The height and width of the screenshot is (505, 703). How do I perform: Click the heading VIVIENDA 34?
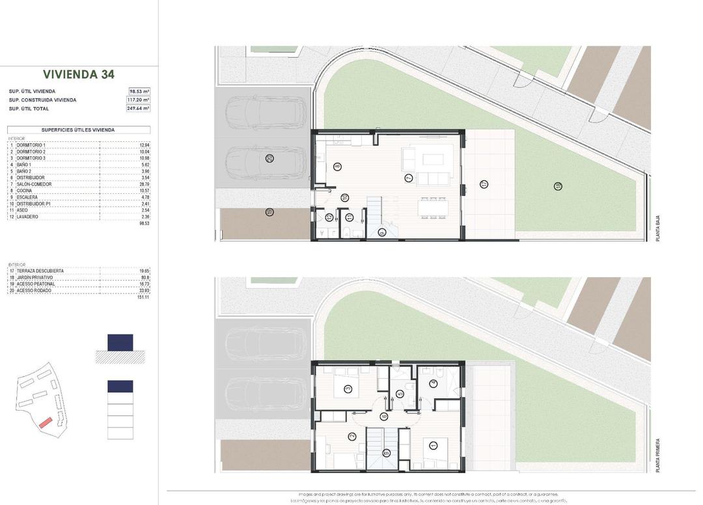(x=79, y=74)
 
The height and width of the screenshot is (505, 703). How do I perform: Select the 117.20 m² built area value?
(x=139, y=100)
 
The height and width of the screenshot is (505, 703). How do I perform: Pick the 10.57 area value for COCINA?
(x=145, y=191)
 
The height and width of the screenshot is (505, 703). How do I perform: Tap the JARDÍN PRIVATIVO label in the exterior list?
(x=40, y=277)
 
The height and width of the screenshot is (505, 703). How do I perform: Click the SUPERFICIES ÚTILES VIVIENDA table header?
(x=78, y=130)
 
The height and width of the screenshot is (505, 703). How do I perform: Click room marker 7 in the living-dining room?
(x=409, y=178)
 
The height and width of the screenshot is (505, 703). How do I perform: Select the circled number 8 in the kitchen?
(x=337, y=167)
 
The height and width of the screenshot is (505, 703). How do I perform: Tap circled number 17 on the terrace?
(x=484, y=184)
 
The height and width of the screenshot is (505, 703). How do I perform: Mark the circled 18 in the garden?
(x=558, y=186)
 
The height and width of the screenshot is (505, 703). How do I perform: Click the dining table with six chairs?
(x=434, y=208)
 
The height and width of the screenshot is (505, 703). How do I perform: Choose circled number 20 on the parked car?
(x=269, y=158)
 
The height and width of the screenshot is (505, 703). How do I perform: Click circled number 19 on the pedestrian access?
(x=269, y=212)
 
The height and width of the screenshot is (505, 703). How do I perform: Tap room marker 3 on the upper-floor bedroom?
(x=348, y=389)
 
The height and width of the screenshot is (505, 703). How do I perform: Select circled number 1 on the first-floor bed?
(x=434, y=445)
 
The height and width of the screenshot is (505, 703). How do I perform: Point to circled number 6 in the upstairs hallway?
(x=385, y=416)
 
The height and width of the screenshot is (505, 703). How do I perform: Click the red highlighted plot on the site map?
(x=44, y=422)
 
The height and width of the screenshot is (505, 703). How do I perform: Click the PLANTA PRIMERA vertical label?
(x=658, y=456)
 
